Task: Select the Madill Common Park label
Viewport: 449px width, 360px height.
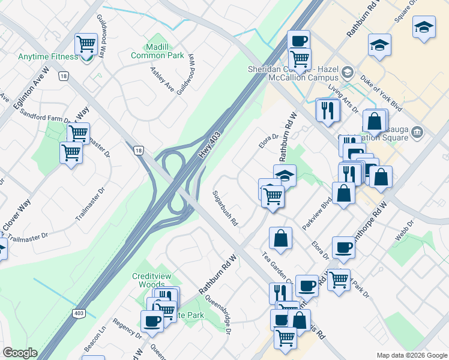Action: tap(158, 50)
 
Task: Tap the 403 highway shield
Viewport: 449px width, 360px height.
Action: tap(79, 313)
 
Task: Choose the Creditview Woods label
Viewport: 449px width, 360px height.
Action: tap(151, 280)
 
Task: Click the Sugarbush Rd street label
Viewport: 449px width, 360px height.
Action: tap(225, 209)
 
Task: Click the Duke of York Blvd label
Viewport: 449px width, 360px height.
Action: tap(381, 90)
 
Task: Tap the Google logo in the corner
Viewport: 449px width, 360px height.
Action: tap(19, 353)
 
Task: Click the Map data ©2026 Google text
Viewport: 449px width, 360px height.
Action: tap(411, 355)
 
